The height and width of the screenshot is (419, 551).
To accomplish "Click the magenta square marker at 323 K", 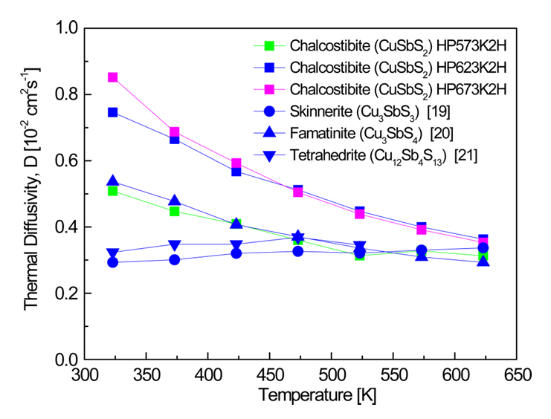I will (x=113, y=77).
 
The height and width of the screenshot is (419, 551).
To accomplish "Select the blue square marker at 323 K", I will (x=113, y=112).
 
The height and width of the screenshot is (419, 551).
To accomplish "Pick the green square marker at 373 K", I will (x=174, y=211).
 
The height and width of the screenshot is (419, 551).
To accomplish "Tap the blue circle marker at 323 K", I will (x=113, y=262).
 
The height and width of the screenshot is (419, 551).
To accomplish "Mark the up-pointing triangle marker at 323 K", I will (x=113, y=181).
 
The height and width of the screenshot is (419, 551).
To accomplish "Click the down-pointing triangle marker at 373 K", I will (x=174, y=244).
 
